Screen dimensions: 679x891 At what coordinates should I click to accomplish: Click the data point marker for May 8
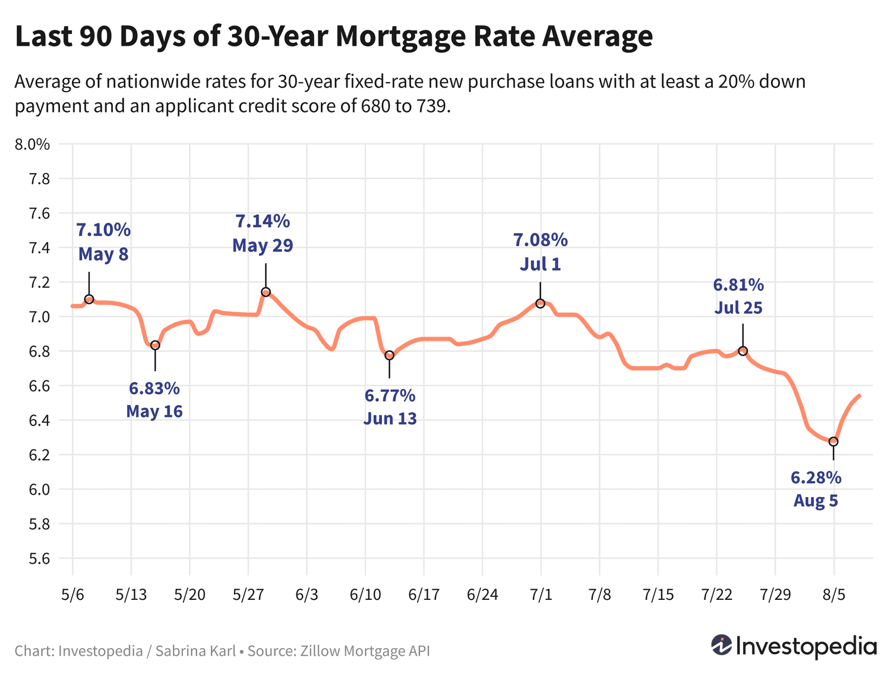(89, 299)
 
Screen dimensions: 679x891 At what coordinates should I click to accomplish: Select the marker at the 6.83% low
(155, 345)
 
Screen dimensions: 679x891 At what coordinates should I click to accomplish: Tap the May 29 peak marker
(266, 292)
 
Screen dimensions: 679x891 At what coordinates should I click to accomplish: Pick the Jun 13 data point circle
(389, 356)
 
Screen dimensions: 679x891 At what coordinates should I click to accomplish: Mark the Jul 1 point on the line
(540, 303)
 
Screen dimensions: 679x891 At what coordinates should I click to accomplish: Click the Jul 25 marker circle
(742, 351)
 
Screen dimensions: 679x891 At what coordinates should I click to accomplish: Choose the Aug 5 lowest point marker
(833, 441)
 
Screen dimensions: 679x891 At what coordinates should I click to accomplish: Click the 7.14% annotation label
(263, 221)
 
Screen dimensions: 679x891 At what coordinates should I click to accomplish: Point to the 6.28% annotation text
(816, 477)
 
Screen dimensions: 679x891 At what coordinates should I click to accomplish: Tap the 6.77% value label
(390, 395)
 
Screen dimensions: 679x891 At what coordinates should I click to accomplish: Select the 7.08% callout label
(541, 240)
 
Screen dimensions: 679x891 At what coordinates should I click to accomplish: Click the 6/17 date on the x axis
(424, 595)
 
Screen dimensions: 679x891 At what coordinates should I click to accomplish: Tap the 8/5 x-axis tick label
(833, 595)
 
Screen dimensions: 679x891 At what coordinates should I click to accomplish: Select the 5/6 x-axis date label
(72, 595)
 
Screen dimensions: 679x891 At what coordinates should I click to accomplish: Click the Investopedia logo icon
(722, 645)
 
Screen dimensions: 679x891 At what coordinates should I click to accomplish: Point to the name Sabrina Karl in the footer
(195, 651)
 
